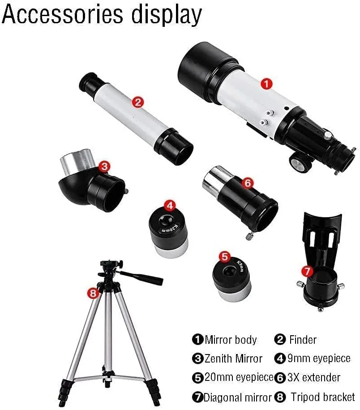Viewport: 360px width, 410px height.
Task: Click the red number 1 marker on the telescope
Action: click(266, 84)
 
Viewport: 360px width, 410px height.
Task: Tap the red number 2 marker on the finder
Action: click(138, 102)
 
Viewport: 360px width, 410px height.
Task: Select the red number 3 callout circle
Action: click(104, 167)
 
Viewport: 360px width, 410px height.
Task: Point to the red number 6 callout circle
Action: click(248, 183)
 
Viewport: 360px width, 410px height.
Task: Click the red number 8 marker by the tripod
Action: click(93, 293)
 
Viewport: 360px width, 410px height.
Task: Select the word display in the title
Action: click(167, 15)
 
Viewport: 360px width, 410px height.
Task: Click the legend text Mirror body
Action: click(231, 340)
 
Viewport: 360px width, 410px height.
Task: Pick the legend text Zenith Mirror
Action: click(233, 359)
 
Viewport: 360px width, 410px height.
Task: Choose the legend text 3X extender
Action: click(314, 377)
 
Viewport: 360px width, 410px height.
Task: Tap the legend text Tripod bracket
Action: click(323, 397)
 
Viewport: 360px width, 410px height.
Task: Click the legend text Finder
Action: click(303, 340)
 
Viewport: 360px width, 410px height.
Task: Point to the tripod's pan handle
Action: click(141, 278)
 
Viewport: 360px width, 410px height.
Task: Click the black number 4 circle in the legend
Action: click(280, 359)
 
